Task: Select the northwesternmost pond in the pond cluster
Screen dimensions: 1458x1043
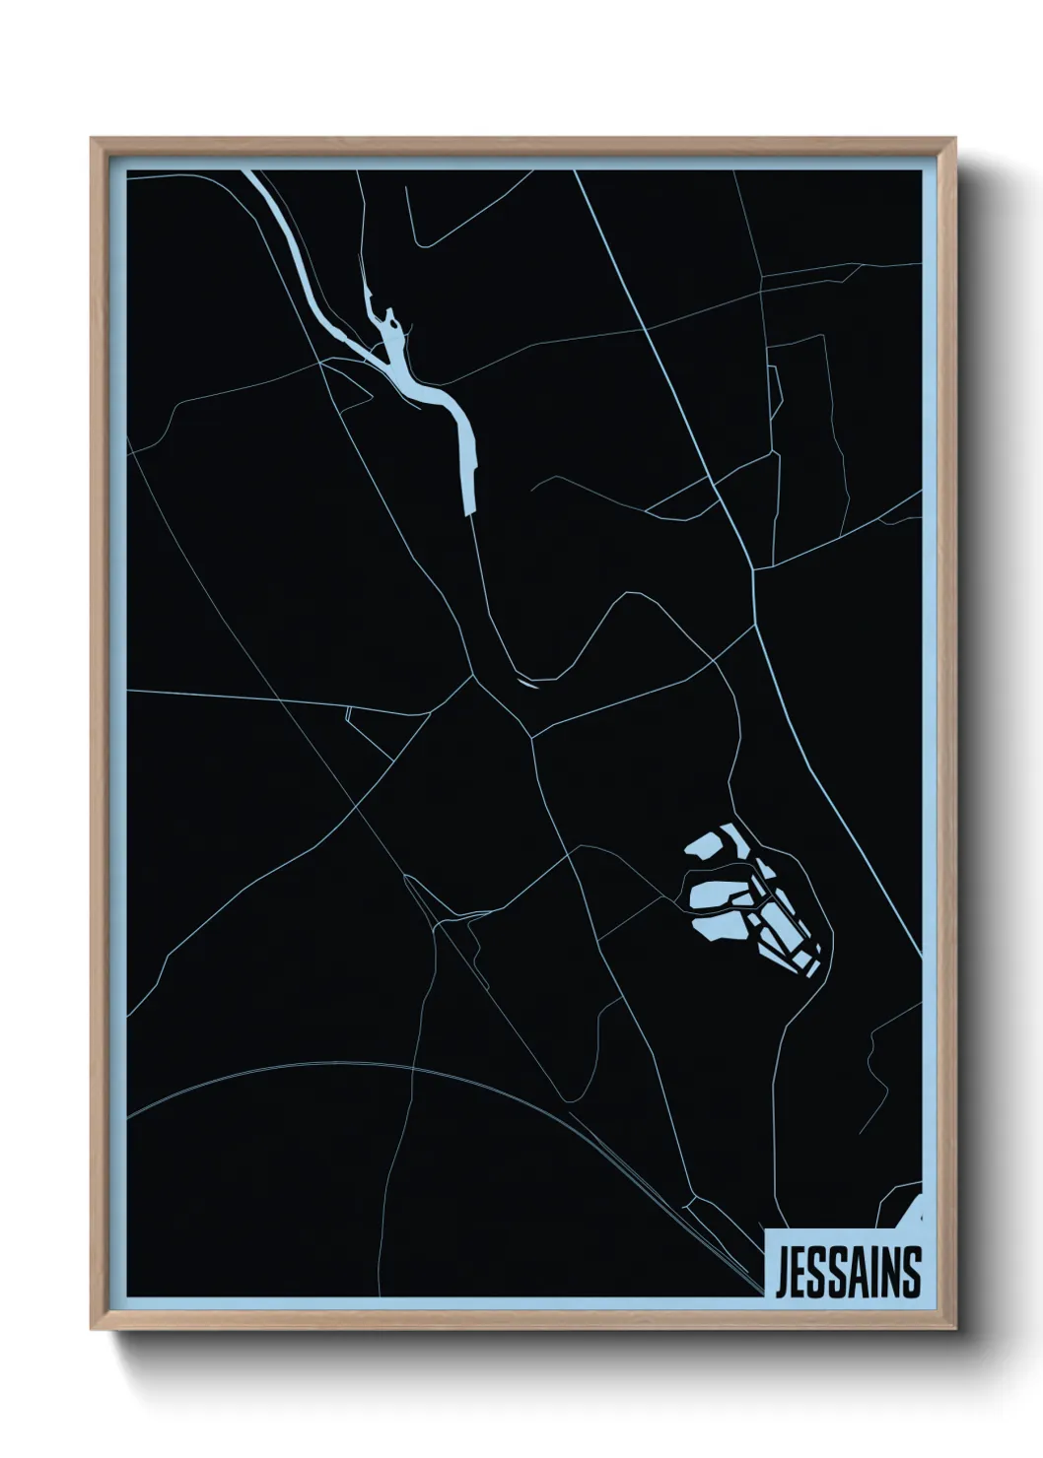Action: tap(707, 844)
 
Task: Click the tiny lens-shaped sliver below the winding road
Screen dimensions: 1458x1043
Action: tap(527, 682)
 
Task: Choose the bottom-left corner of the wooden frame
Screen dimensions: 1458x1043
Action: tap(93, 1327)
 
